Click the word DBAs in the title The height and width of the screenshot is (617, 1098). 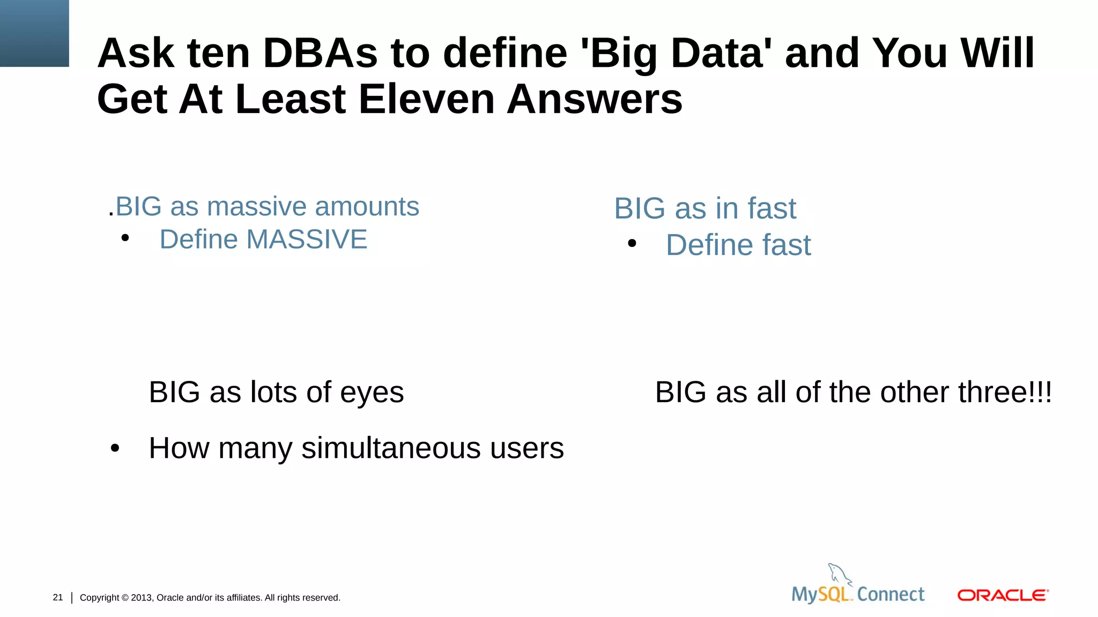[x=320, y=54]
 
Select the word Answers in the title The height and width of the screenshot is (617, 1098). [x=595, y=100]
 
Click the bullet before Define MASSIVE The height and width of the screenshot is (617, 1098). [x=125, y=238]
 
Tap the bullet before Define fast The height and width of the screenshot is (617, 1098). [x=632, y=244]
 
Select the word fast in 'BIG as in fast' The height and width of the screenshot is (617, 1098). [x=772, y=208]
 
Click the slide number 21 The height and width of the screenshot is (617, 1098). [x=58, y=597]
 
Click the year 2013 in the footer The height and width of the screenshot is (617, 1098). [x=142, y=598]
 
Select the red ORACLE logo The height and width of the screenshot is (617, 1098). [x=1003, y=596]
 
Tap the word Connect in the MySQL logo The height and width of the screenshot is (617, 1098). [x=891, y=595]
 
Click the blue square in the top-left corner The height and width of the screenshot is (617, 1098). [x=34, y=33]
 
